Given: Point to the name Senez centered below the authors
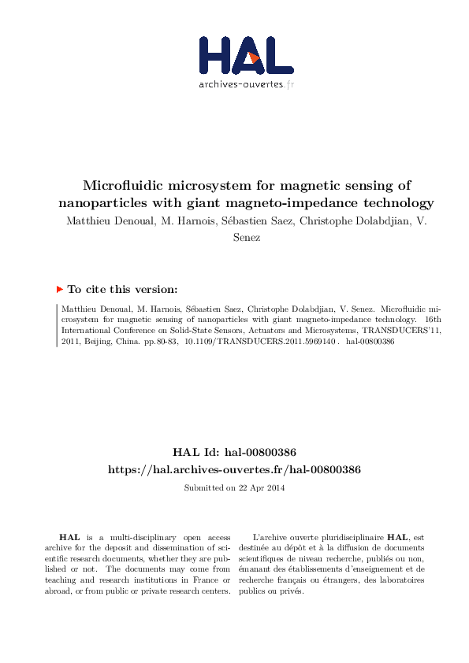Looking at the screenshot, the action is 235,237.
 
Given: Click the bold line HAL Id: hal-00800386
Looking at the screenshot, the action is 234,452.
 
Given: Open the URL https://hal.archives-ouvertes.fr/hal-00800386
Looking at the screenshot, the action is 234,469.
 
